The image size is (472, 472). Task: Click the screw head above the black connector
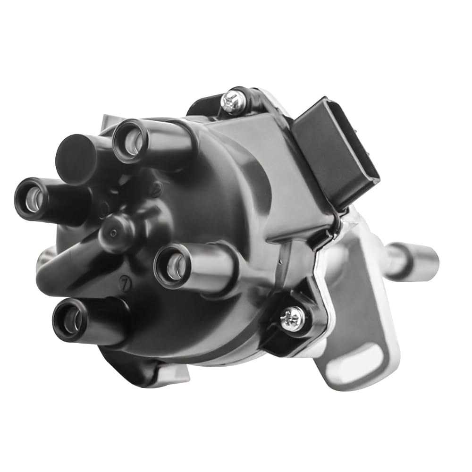click(233, 101)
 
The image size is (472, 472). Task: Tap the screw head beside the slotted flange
click(292, 319)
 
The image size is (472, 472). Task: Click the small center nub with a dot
click(112, 233)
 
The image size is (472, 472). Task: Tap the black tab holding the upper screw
click(236, 101)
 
